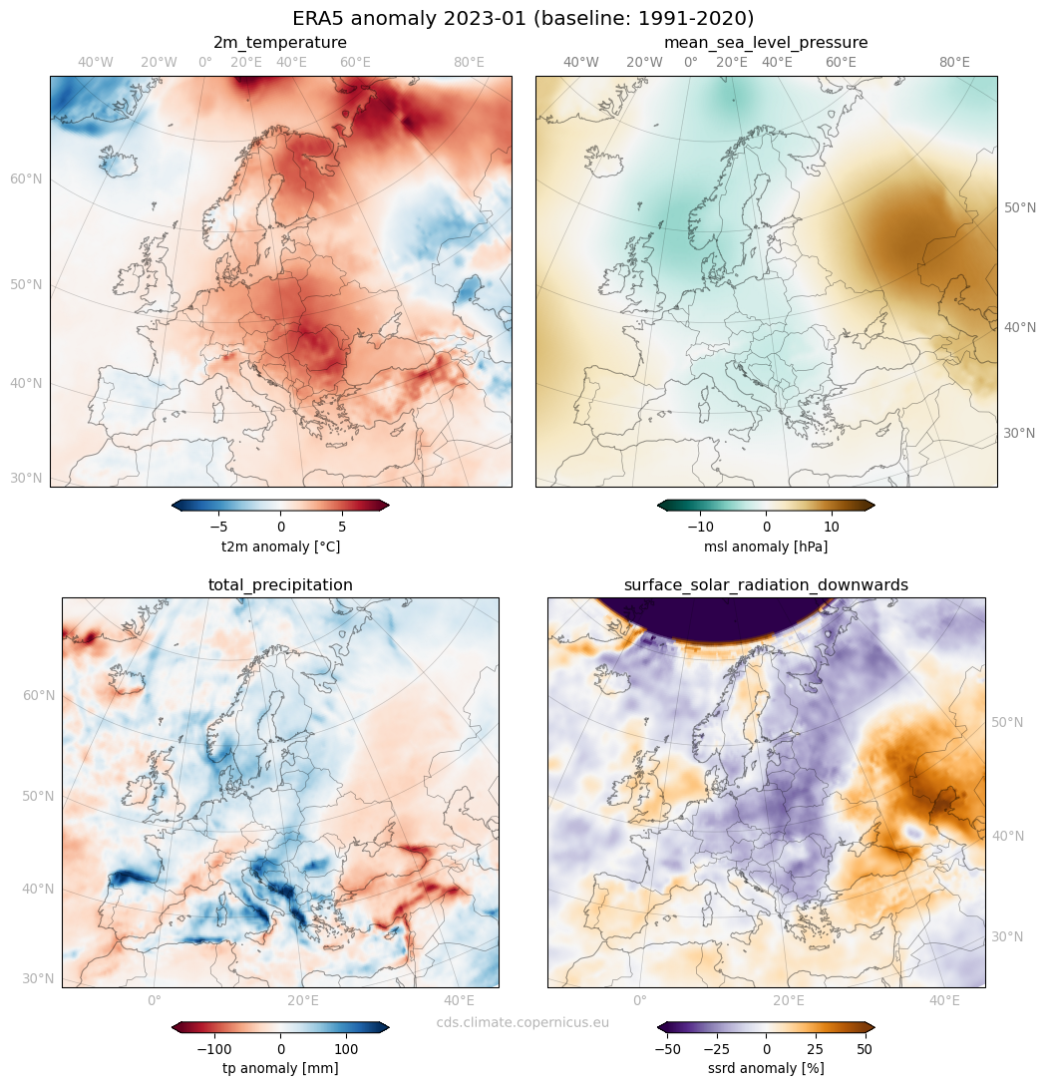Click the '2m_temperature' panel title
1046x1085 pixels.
click(x=280, y=43)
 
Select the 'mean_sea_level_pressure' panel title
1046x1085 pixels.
click(x=766, y=43)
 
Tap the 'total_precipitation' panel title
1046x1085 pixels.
click(x=280, y=585)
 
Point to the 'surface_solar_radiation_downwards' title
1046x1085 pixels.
click(x=766, y=585)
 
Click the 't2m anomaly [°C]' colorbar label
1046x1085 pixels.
click(x=280, y=547)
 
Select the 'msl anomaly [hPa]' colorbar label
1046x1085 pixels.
click(x=766, y=547)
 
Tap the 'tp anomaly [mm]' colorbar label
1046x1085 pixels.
click(x=280, y=1068)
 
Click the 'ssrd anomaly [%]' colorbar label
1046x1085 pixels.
click(x=766, y=1068)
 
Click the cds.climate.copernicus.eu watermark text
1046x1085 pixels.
click(x=523, y=1022)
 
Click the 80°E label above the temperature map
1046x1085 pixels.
click(x=469, y=63)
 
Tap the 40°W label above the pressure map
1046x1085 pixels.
click(x=581, y=63)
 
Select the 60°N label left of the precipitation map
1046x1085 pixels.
click(x=38, y=695)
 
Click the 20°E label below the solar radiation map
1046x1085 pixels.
click(x=789, y=1000)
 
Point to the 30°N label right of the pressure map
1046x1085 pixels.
click(x=1018, y=434)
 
